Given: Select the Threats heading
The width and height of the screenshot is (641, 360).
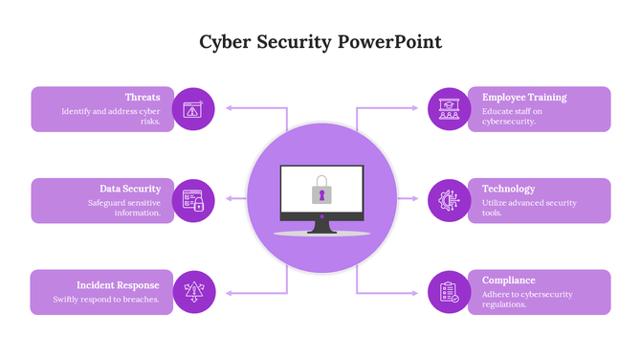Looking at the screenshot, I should pyautogui.click(x=143, y=97).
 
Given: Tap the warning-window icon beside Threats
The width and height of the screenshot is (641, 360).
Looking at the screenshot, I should pyautogui.click(x=193, y=109).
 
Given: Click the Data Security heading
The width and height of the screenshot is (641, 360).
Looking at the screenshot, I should pyautogui.click(x=130, y=189).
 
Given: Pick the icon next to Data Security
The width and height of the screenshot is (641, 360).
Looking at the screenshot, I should pyautogui.click(x=193, y=201).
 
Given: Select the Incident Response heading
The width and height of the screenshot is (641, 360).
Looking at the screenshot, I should pyautogui.click(x=119, y=284).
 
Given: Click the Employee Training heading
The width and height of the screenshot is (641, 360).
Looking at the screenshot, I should pyautogui.click(x=524, y=97).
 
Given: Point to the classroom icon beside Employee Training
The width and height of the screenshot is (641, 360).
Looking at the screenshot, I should pyautogui.click(x=449, y=109).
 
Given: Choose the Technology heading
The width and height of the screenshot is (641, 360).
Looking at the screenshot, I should pyautogui.click(x=508, y=189).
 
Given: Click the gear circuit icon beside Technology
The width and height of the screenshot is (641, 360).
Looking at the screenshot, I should pyautogui.click(x=449, y=201).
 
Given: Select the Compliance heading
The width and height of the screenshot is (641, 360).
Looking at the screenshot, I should pyautogui.click(x=508, y=280).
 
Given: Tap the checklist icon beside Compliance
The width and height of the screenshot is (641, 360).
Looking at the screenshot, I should pyautogui.click(x=449, y=292).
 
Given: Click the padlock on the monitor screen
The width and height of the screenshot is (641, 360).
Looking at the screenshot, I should pyautogui.click(x=321, y=191).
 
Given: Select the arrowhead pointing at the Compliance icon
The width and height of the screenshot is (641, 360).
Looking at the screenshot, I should pyautogui.click(x=415, y=292).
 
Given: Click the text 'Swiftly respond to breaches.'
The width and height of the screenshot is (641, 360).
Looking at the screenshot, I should pyautogui.click(x=106, y=300).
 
